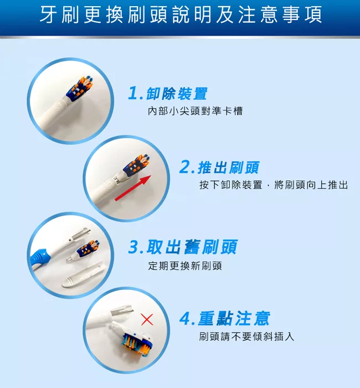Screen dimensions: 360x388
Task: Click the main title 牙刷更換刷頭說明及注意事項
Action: point(181,14)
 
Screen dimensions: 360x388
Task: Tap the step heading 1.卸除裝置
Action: point(168,94)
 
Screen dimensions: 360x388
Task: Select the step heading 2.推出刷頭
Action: point(219,167)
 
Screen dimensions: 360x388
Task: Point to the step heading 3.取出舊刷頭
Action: point(183,247)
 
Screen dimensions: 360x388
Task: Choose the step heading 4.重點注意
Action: point(224,318)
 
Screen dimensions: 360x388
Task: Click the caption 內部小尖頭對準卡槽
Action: point(195,111)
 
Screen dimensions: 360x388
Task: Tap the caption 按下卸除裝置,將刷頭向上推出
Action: point(274,185)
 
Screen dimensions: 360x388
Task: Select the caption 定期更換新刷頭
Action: point(185,266)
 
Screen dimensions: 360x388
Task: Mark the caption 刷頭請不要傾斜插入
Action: point(246,337)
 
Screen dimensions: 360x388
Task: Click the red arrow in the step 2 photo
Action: point(133,188)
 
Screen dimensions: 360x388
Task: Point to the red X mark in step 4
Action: point(147,319)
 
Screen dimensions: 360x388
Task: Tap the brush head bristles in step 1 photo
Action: point(79,89)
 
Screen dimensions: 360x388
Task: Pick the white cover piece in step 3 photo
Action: point(84,275)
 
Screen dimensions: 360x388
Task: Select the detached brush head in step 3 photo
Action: point(83,251)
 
